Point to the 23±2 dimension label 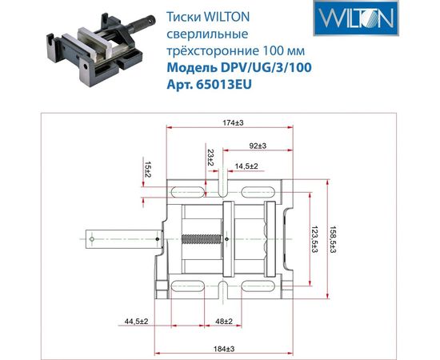coord(210,158)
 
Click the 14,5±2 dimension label coord(246,166)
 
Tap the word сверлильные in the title coord(202,35)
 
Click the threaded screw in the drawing coord(205,238)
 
